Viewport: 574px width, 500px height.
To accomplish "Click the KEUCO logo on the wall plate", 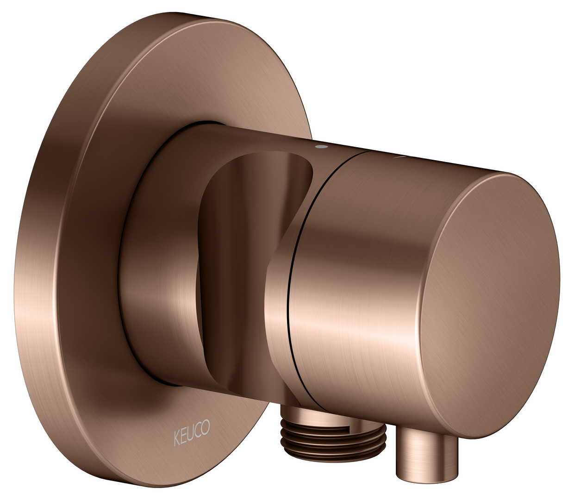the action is tap(192, 434).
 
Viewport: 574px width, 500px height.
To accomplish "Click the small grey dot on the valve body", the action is tap(319, 146).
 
